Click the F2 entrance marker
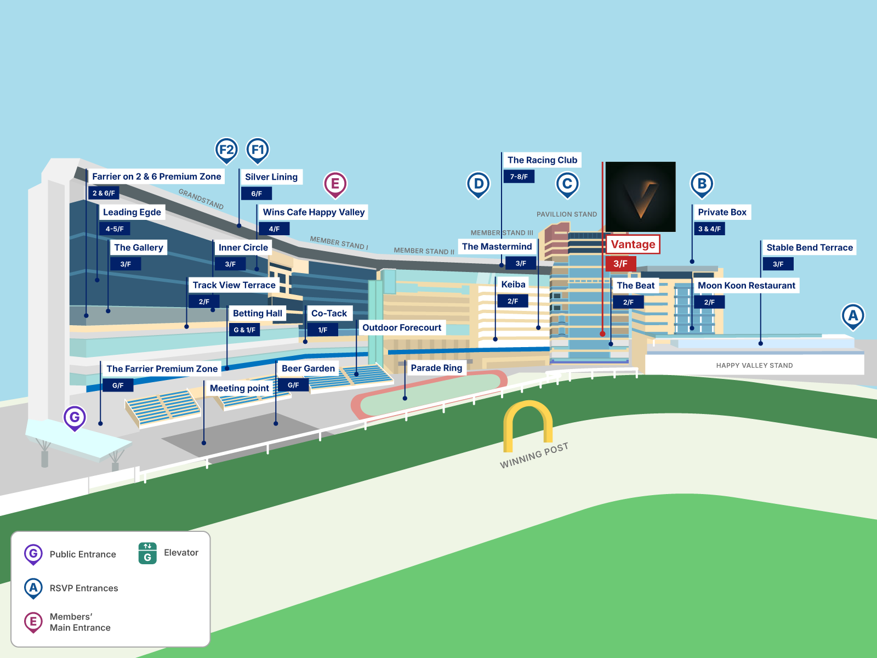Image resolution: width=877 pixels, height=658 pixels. click(x=226, y=150)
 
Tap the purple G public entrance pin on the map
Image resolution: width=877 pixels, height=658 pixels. click(x=75, y=418)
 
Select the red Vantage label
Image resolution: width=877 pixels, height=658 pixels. click(x=633, y=245)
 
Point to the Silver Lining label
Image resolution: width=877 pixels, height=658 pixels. click(x=271, y=177)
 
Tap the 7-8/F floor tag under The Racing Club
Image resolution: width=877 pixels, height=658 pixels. click(x=519, y=177)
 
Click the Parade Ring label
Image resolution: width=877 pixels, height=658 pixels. click(x=436, y=368)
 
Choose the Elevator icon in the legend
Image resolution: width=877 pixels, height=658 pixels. click(x=147, y=553)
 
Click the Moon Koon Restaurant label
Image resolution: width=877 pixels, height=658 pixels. click(x=746, y=286)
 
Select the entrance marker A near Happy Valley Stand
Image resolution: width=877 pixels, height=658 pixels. click(x=853, y=316)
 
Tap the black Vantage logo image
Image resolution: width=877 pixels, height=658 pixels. click(x=640, y=196)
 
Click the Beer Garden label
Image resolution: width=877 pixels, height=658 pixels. click(x=308, y=368)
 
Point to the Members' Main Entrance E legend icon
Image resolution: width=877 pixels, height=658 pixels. click(x=33, y=622)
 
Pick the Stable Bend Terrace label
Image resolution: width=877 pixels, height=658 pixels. click(x=809, y=248)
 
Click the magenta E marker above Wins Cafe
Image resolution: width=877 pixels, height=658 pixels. click(x=335, y=184)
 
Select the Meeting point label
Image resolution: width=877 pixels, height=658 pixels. click(x=240, y=388)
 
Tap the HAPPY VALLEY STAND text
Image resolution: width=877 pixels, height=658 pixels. click(x=754, y=366)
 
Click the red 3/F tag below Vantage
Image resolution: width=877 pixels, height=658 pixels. click(x=620, y=264)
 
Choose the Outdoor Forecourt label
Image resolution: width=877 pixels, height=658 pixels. click(x=402, y=328)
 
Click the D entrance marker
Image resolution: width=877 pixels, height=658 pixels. click(x=479, y=184)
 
